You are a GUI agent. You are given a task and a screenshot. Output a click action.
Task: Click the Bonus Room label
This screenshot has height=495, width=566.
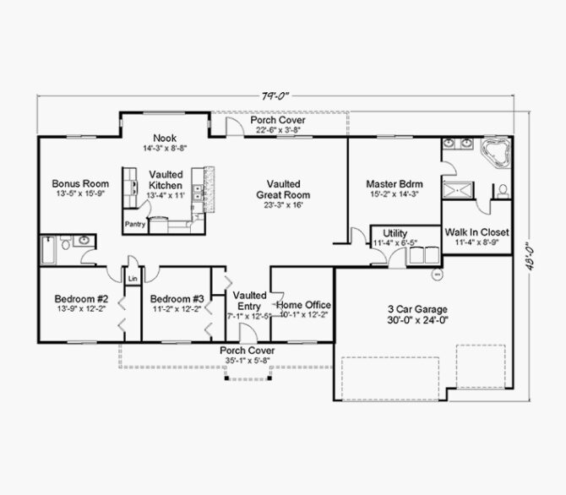tap(80, 183)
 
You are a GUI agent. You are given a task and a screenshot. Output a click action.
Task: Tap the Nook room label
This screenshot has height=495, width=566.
tap(165, 138)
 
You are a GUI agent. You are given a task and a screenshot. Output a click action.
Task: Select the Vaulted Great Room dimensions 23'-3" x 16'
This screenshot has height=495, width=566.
tap(283, 205)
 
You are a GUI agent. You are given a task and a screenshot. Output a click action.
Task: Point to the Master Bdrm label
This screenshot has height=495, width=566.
tap(395, 184)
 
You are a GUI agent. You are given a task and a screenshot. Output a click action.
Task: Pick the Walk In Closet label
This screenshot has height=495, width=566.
tap(476, 232)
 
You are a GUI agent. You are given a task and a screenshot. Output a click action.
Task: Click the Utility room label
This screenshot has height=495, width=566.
tap(395, 233)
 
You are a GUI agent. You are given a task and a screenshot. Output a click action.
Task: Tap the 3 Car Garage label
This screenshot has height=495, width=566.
tap(417, 309)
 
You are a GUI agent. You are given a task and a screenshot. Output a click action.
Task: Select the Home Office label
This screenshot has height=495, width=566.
tap(303, 305)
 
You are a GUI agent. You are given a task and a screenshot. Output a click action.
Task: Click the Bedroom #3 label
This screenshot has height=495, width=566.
tap(177, 299)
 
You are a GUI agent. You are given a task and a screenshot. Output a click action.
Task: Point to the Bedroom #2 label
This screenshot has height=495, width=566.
tap(81, 299)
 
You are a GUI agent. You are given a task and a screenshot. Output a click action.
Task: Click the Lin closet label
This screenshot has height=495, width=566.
tap(133, 279)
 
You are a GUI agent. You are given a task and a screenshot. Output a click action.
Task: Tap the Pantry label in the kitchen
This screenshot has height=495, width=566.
tap(135, 224)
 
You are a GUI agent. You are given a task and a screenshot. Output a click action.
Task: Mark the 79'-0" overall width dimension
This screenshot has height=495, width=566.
tap(275, 96)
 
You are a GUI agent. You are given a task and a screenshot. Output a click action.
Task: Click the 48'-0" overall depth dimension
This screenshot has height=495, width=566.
tap(530, 256)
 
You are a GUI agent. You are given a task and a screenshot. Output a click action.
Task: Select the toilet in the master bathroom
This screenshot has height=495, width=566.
tap(503, 191)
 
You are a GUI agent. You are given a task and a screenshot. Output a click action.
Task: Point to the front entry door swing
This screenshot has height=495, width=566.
tap(248, 333)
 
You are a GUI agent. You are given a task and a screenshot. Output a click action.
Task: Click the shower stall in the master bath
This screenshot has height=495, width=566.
tap(458, 189)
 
